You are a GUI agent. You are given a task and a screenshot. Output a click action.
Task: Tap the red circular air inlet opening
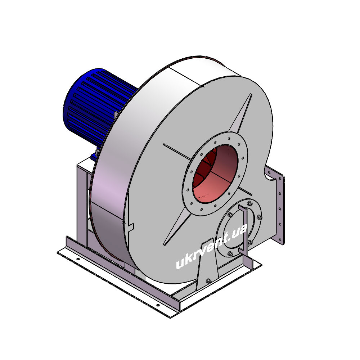(215, 174)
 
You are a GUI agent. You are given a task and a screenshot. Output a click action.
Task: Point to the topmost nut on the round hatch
(249, 203)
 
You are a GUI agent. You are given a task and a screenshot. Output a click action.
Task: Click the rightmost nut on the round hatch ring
(260, 217)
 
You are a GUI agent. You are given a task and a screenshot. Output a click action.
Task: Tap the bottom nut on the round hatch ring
(230, 253)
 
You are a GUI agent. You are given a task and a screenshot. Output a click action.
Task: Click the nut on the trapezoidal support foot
(208, 280)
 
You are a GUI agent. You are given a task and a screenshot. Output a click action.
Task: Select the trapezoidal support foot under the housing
(207, 264)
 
